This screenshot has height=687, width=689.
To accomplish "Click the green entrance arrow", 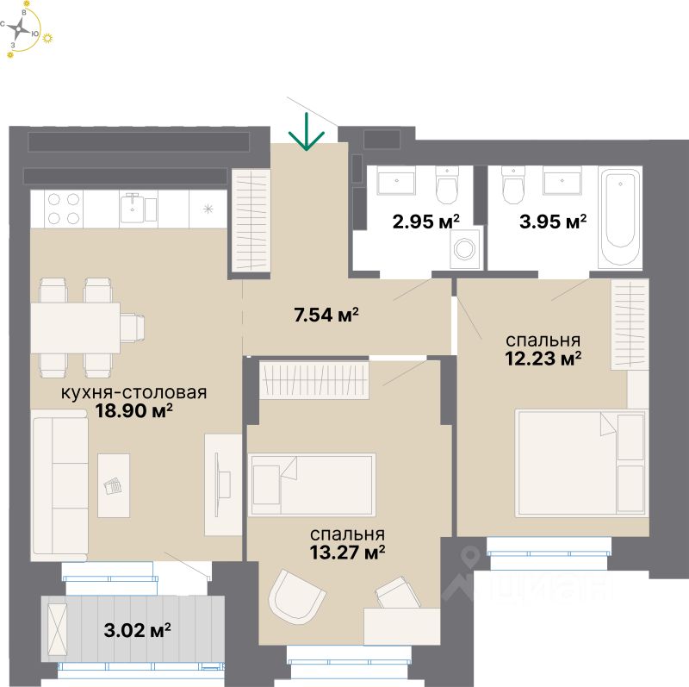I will click(x=306, y=133).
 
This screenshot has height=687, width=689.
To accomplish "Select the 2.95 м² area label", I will click(x=424, y=222).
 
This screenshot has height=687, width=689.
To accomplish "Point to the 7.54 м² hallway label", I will click(x=326, y=315).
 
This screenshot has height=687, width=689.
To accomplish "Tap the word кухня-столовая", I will click(x=133, y=393).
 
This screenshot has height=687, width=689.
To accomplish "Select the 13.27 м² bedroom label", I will click(x=347, y=550).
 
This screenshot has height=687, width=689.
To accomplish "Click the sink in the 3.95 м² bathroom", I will click(x=564, y=182).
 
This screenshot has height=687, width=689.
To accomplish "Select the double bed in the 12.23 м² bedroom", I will click(x=580, y=461).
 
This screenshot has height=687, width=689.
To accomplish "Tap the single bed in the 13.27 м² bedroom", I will click(x=313, y=484).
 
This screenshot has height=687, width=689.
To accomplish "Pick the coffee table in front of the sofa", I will click(x=114, y=485).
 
